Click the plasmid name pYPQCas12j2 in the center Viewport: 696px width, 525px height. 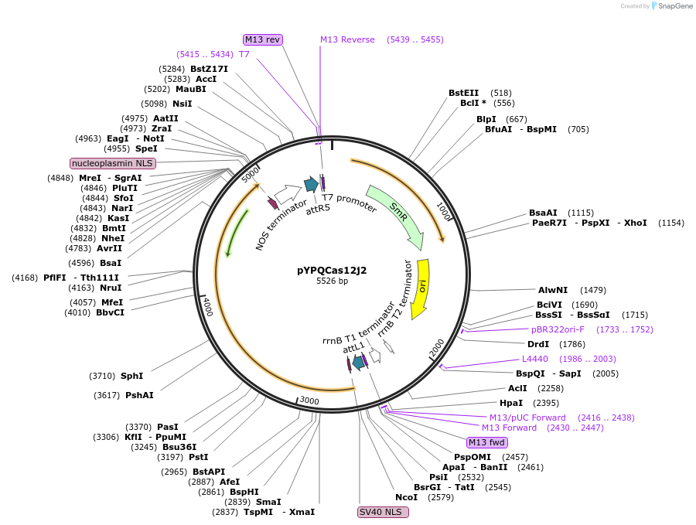click(x=332, y=270)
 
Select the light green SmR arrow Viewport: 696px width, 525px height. click(x=395, y=216)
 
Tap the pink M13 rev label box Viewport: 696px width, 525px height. click(x=262, y=39)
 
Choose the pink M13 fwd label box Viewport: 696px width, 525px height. click(x=487, y=442)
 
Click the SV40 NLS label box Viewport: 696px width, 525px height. click(x=383, y=512)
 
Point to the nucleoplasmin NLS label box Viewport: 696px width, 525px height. click(x=113, y=163)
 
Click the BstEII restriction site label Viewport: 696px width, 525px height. click(x=463, y=93)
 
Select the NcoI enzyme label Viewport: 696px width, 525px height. click(x=406, y=497)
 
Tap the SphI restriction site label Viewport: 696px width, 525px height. click(x=131, y=376)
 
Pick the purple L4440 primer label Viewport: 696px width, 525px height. click(x=534, y=359)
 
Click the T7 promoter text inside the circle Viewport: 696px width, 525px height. click(x=350, y=203)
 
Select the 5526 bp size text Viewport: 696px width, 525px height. click(x=332, y=281)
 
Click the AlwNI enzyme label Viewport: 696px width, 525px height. click(x=553, y=290)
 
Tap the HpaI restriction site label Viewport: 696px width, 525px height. click(x=511, y=403)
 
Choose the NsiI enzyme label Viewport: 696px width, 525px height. click(x=183, y=104)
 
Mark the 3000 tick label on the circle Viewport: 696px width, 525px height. click(x=309, y=401)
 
